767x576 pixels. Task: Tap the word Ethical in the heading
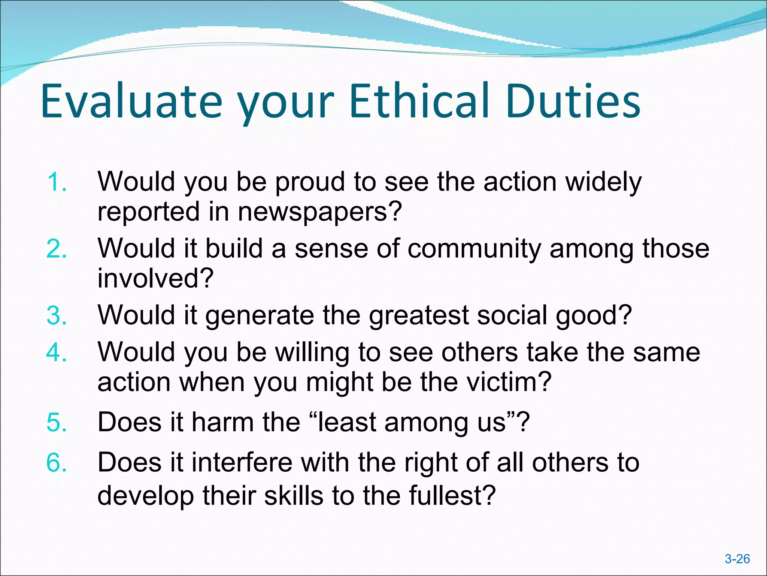[419, 100]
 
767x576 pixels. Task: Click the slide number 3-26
[737, 559]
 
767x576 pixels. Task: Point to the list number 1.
[57, 182]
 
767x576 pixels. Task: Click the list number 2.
[57, 249]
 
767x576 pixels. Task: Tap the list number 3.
[57, 315]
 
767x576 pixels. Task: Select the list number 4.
[57, 352]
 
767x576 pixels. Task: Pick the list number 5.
[57, 422]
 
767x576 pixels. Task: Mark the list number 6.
[57, 462]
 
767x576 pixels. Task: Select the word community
[474, 249]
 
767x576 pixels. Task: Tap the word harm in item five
[223, 422]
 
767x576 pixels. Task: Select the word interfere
[242, 462]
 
